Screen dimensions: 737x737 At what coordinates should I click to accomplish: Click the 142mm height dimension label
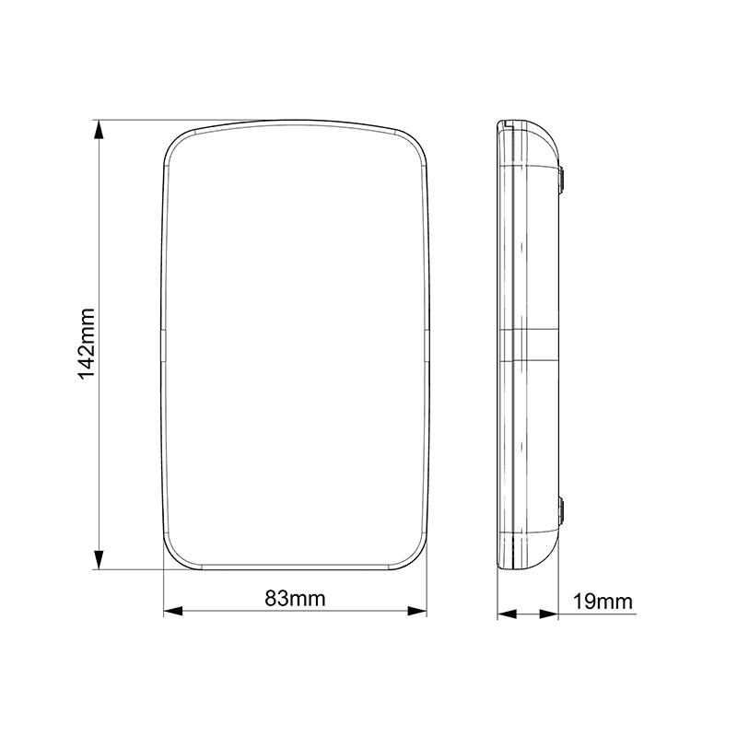(87, 344)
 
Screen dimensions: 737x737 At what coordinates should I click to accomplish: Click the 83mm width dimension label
(295, 599)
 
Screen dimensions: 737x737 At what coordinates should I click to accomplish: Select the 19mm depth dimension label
(603, 602)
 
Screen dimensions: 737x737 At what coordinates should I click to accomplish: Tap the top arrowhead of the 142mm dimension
(99, 130)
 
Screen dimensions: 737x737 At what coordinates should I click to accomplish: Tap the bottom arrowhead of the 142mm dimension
(99, 560)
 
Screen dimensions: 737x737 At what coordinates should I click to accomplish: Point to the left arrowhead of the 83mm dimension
(173, 611)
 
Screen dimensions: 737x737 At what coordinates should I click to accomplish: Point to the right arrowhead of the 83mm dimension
(417, 611)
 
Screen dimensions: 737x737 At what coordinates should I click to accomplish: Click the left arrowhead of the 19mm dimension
(508, 614)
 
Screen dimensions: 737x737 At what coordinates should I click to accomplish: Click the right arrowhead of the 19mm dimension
(548, 614)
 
